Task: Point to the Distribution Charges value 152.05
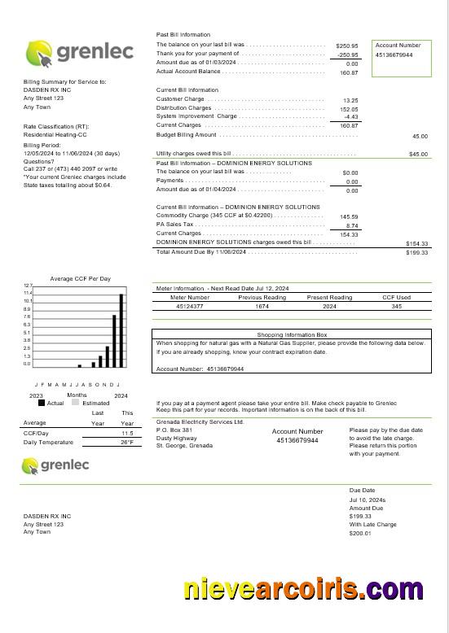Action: coord(349,108)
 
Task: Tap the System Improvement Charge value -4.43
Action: coord(351,116)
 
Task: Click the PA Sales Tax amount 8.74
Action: coord(352,225)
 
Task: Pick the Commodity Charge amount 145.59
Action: coord(349,216)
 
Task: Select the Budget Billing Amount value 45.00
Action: coord(420,137)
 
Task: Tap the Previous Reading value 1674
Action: coord(262,307)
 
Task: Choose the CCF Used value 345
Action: coord(397,307)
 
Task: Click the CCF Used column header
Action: coord(397,297)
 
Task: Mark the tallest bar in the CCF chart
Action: coord(121,330)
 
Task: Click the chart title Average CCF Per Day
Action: coord(80,278)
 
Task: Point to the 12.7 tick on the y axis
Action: coord(27,286)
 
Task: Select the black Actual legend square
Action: coord(42,403)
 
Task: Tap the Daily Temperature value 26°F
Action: coord(127,443)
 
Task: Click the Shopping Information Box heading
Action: coord(292,334)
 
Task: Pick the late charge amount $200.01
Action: coord(360,533)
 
